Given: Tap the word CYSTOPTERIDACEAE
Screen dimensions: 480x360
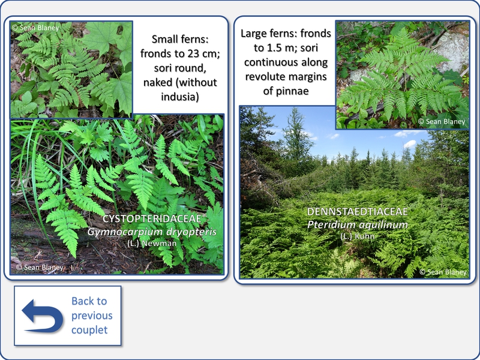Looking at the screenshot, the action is click(x=152, y=219).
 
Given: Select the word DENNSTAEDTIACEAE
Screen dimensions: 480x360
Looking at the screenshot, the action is click(x=357, y=212).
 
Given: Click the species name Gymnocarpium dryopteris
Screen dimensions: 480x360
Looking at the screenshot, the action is click(x=152, y=232).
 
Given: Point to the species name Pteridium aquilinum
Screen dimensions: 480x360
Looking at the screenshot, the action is click(x=357, y=224).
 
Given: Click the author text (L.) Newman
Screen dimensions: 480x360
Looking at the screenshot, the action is click(x=152, y=244).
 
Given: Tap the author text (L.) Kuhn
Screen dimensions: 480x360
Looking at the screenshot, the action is click(x=357, y=236).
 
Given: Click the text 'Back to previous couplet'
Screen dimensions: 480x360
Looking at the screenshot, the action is click(x=92, y=316).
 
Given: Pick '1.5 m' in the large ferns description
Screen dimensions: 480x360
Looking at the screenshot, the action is click(x=280, y=48).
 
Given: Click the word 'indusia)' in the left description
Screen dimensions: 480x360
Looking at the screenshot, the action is click(x=180, y=97).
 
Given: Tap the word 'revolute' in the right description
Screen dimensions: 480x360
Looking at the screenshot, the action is click(x=265, y=77).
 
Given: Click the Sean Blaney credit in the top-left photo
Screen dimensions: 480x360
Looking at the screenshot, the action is click(x=35, y=28).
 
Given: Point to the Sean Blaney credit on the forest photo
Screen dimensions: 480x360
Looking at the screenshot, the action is click(x=443, y=272).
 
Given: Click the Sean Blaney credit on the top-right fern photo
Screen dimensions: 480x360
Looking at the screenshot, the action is click(x=442, y=122).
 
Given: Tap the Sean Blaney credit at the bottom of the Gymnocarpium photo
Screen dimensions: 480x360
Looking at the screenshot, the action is click(x=40, y=267).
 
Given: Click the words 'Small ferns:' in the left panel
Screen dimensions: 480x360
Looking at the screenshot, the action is click(x=180, y=39).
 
